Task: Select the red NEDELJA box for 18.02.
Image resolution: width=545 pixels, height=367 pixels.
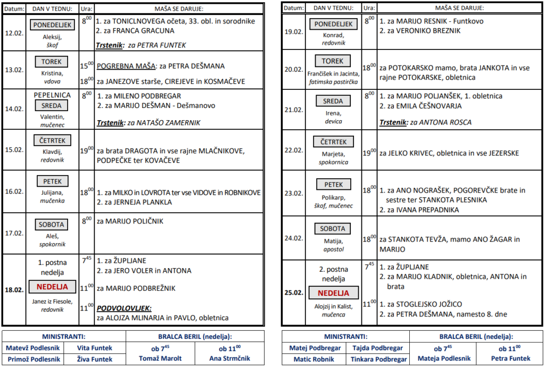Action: click(x=52, y=287)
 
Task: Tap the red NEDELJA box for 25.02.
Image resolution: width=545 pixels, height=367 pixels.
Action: click(x=333, y=293)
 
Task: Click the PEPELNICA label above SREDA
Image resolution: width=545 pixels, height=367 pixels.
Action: click(x=52, y=95)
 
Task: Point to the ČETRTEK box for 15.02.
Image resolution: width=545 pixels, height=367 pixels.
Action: click(x=52, y=140)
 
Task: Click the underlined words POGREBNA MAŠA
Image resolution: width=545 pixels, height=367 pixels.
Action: click(x=126, y=66)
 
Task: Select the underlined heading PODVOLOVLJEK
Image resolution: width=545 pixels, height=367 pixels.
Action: click(x=123, y=308)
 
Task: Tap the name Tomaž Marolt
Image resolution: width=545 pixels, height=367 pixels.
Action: click(x=160, y=358)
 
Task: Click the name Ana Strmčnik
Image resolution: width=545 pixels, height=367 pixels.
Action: click(x=229, y=358)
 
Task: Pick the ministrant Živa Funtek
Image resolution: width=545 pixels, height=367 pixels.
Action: click(x=96, y=359)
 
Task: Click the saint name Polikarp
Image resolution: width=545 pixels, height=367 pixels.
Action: click(x=333, y=197)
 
